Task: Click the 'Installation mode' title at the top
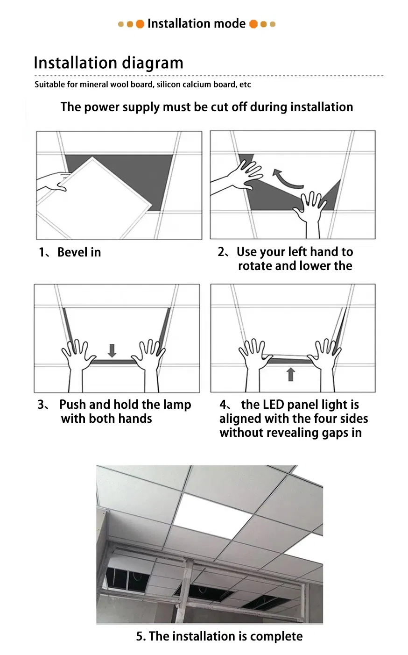pos(196,24)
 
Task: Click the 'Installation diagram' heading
pos(108,63)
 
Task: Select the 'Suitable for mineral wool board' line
pos(142,85)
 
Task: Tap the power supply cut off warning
pos(206,107)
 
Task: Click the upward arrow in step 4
pos(290,374)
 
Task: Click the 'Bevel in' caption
pos(79,252)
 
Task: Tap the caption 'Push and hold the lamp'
pos(125,405)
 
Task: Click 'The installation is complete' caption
pos(219,636)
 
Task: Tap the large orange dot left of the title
pos(140,24)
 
